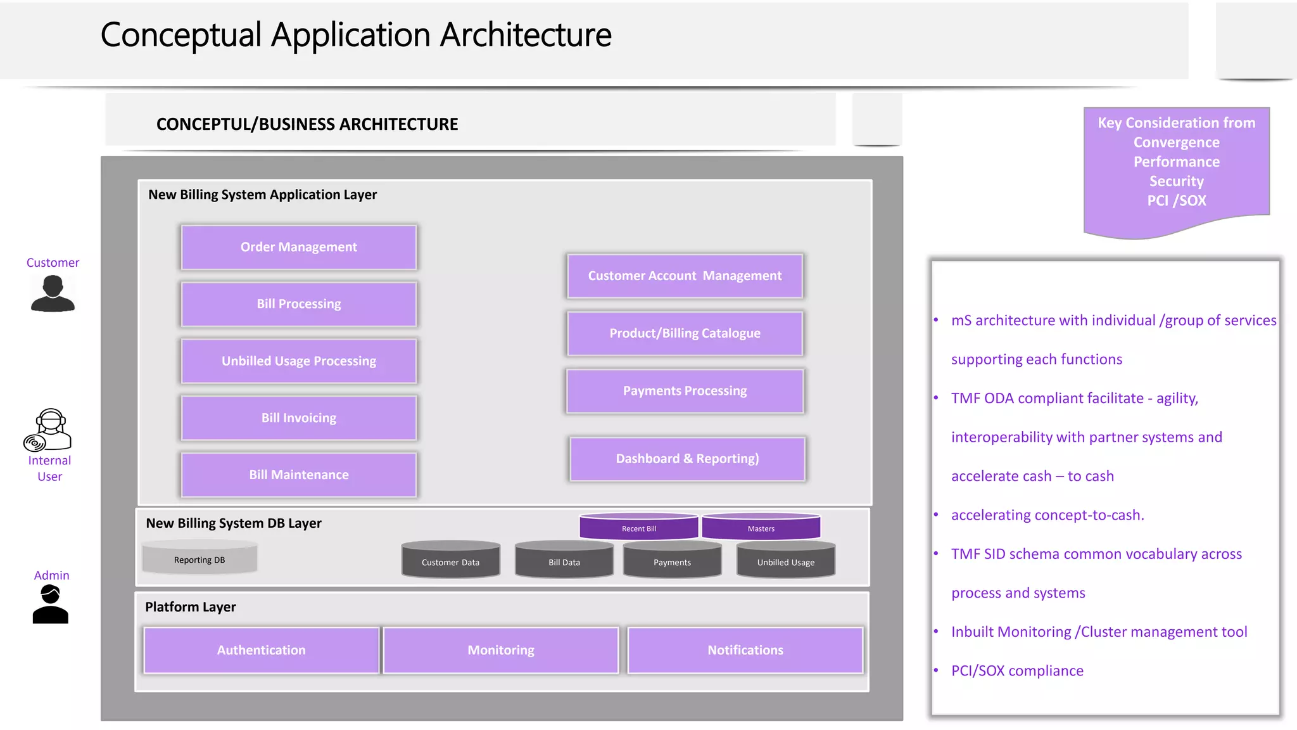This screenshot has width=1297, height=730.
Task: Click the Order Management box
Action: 298,247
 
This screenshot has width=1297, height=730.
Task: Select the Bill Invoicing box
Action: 298,418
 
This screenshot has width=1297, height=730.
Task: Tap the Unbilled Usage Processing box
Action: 298,361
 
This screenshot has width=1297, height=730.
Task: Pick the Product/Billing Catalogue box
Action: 685,333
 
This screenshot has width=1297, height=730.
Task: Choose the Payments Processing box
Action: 685,391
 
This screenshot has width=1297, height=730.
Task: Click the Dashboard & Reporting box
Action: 687,459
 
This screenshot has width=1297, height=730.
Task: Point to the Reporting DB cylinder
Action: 199,558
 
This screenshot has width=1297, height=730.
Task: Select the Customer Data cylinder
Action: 450,561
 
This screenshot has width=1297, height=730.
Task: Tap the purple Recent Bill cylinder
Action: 638,527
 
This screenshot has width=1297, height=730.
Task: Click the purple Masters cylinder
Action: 761,527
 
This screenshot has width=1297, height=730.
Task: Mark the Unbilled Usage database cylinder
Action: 785,561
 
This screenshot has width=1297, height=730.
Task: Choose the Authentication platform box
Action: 261,650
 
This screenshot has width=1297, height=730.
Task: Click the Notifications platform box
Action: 745,650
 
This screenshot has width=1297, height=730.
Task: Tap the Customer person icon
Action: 53,293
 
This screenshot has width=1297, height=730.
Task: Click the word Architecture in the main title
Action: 526,35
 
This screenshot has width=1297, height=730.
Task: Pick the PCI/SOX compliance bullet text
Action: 1017,670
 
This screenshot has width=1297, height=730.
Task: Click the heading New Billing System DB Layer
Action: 234,523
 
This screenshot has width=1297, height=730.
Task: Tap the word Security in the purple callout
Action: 1176,181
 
